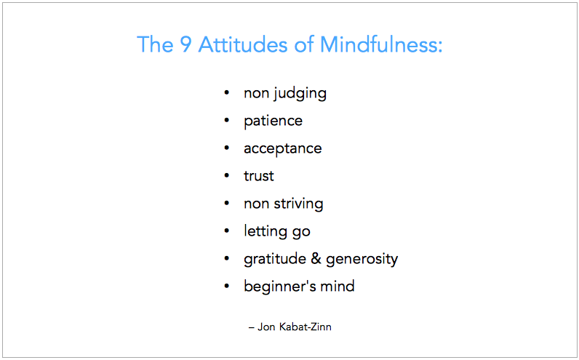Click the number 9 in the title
185,44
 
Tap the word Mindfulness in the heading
381,44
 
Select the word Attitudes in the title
243,44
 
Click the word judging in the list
300,94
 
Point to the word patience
273,121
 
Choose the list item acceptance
283,149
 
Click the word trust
259,176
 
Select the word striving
298,204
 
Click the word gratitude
275,259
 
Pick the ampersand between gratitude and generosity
316,258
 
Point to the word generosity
362,259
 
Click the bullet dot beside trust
227,176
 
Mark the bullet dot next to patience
227,121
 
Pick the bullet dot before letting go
227,231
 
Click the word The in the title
155,44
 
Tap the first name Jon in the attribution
266,327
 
